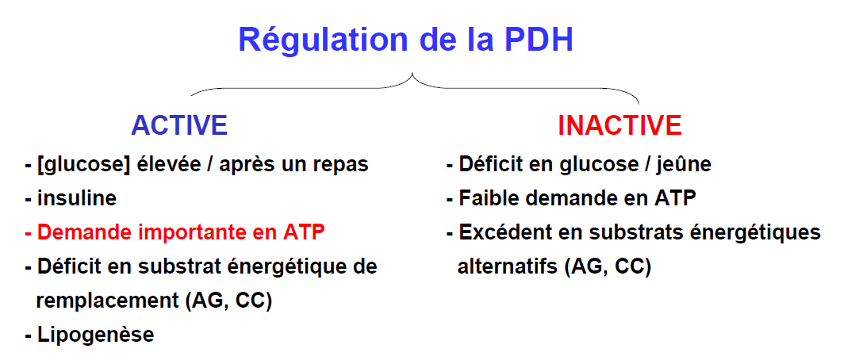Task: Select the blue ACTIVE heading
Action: coord(179,125)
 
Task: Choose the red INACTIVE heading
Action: coord(619,125)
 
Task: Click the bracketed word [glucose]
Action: coord(83,165)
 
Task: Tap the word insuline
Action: coord(76,198)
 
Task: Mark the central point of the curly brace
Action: coord(412,74)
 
